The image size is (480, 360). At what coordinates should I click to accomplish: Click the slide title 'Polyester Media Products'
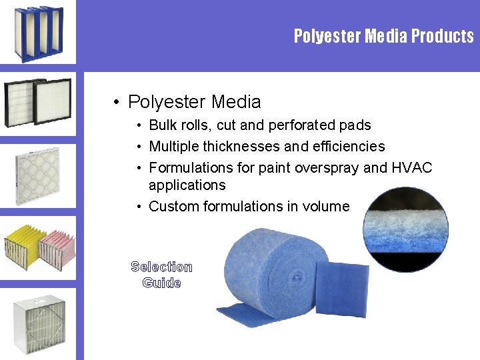point(383,36)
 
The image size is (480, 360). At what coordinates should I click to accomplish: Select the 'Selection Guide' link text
point(161,275)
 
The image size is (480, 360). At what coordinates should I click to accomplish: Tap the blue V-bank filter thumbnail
point(38,33)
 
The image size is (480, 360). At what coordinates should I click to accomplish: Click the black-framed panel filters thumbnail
point(38,102)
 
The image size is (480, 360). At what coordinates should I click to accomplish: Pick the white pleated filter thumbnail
point(38,174)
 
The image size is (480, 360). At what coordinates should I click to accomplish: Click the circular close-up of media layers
point(405,229)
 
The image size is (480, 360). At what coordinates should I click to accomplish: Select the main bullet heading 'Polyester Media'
point(194,102)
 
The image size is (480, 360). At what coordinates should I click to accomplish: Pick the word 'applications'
point(187,185)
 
